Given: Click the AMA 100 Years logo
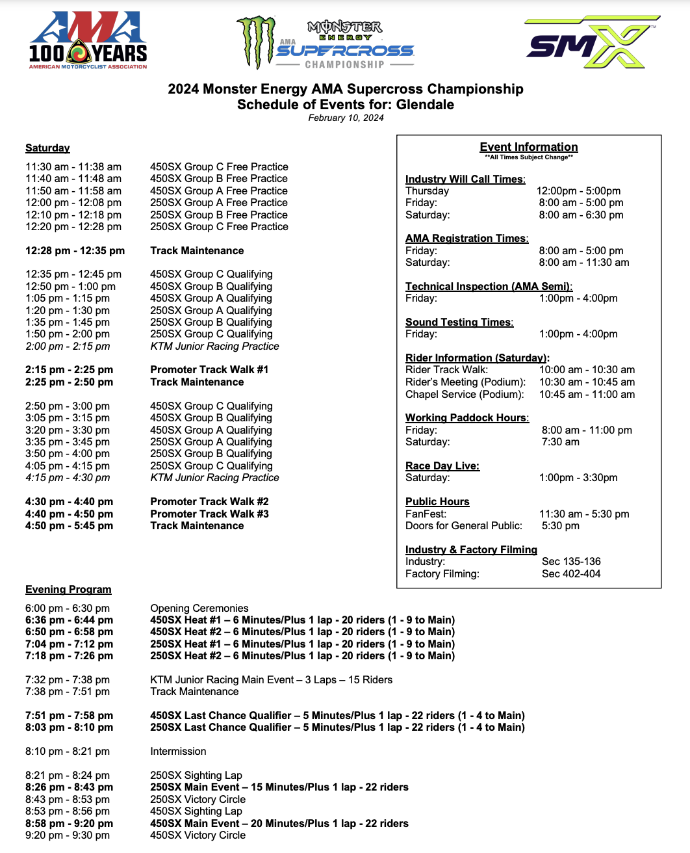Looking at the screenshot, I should pos(88,40).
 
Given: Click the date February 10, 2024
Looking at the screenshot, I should pos(346,118).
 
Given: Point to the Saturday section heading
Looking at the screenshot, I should pos(47,148).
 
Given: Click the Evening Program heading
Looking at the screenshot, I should pos(68,590).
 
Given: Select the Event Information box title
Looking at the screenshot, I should pos(528,148).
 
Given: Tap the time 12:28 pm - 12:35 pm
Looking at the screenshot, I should pos(75,251).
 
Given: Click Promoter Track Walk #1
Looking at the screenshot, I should pos(209,370).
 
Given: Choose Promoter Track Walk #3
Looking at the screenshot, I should pos(209,514).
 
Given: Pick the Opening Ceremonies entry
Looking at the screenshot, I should pos(199,609).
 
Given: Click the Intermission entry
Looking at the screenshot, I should pos(178,752).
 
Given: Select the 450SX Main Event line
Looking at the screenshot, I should pos(279,824).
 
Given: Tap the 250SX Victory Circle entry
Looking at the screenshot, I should pos(198,800).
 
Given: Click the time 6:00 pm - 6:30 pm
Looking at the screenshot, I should pos(68,609).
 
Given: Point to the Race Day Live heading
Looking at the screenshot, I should pos(442,466).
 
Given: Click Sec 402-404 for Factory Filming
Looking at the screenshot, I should pos(571,574).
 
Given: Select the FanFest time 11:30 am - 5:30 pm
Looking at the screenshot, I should pos(584,514).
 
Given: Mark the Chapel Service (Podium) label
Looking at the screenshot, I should pos(464,395).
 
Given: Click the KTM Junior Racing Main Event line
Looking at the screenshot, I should pos(271,680).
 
